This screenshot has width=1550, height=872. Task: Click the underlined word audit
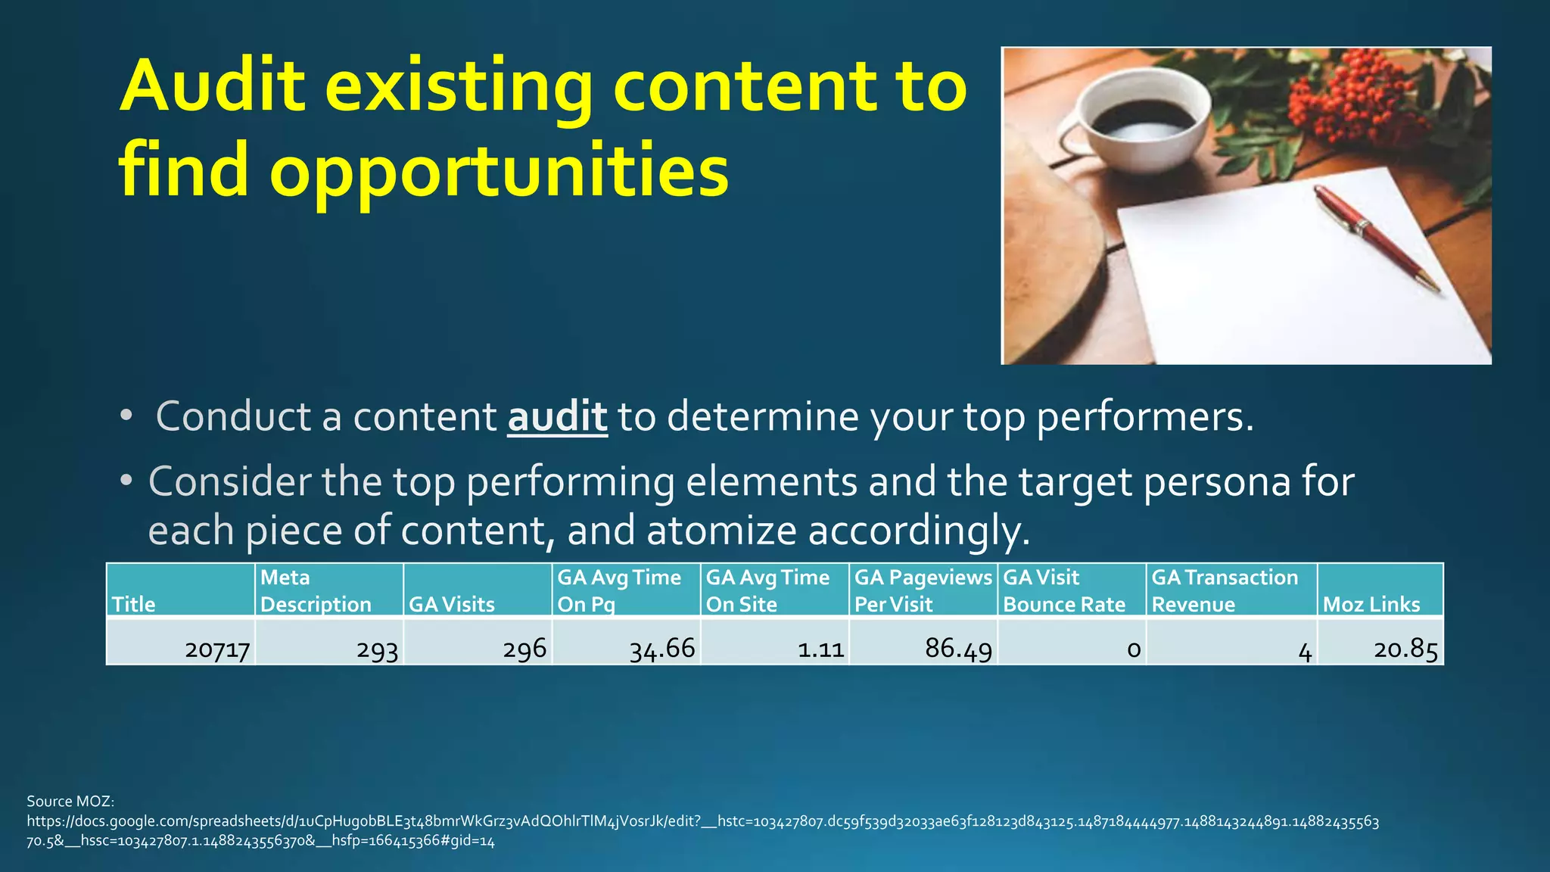coord(557,417)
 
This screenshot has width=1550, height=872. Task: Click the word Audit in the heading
coord(213,86)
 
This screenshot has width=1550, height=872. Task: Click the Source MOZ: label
coord(70,801)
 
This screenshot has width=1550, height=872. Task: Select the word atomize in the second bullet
coord(721,531)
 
